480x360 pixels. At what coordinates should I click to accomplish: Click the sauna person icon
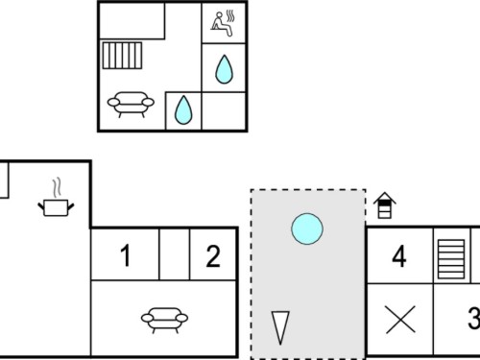pyautogui.click(x=224, y=23)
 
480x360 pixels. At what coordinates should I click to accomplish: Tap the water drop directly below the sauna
pyautogui.click(x=224, y=69)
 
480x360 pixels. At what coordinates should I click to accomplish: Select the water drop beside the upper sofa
pyautogui.click(x=183, y=109)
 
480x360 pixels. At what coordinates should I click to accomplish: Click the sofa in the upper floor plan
pyautogui.click(x=131, y=104)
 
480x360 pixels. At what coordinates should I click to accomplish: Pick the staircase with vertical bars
pyautogui.click(x=122, y=56)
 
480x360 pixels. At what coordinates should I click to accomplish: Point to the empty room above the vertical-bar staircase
pyautogui.click(x=132, y=21)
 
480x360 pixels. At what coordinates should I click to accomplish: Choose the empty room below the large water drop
pyautogui.click(x=224, y=110)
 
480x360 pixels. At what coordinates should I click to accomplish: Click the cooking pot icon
pyautogui.click(x=56, y=207)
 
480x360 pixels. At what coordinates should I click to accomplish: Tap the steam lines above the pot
pyautogui.click(x=57, y=188)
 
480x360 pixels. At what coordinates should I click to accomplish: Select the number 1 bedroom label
pyautogui.click(x=126, y=255)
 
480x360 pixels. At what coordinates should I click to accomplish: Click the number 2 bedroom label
pyautogui.click(x=213, y=256)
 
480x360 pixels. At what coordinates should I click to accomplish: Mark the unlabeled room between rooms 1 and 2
pyautogui.click(x=175, y=254)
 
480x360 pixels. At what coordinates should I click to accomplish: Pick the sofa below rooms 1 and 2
pyautogui.click(x=164, y=320)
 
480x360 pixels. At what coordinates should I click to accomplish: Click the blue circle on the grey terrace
pyautogui.click(x=307, y=228)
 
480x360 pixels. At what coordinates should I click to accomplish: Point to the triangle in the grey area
pyautogui.click(x=280, y=327)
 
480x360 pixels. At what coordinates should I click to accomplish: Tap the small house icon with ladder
pyautogui.click(x=385, y=205)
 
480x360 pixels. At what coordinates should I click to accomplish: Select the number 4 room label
pyautogui.click(x=399, y=256)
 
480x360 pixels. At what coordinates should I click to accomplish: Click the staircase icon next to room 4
pyautogui.click(x=451, y=259)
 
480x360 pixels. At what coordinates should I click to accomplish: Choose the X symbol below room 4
pyautogui.click(x=400, y=320)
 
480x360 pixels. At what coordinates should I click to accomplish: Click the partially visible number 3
pyautogui.click(x=474, y=318)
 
